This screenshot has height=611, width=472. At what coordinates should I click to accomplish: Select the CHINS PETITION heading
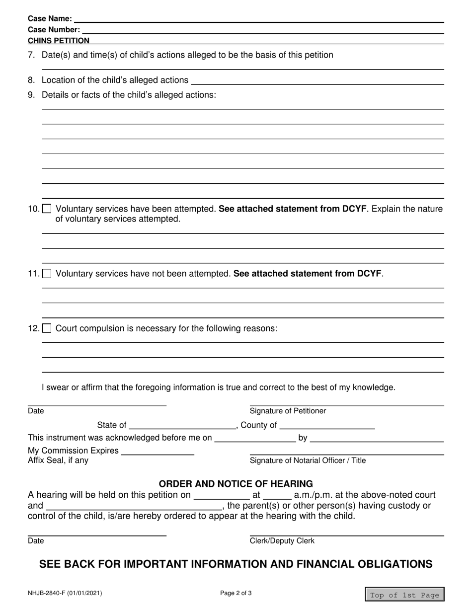pyautogui.click(x=59, y=41)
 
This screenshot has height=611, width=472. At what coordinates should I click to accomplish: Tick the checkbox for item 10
pyautogui.click(x=47, y=209)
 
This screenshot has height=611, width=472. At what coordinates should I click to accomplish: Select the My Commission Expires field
pyautogui.click(x=157, y=451)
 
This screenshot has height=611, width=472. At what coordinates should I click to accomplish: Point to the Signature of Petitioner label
pyautogui.click(x=288, y=411)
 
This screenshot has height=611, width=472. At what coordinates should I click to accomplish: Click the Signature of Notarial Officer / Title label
pyautogui.click(x=308, y=460)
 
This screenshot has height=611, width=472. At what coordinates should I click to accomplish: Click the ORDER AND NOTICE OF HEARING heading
pyautogui.click(x=236, y=483)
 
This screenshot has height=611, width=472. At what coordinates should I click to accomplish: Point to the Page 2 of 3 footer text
pyautogui.click(x=236, y=593)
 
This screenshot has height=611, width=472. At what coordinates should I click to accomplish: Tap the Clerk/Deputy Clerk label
pyautogui.click(x=282, y=541)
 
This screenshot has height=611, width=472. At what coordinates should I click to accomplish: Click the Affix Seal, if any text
pyautogui.click(x=58, y=460)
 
